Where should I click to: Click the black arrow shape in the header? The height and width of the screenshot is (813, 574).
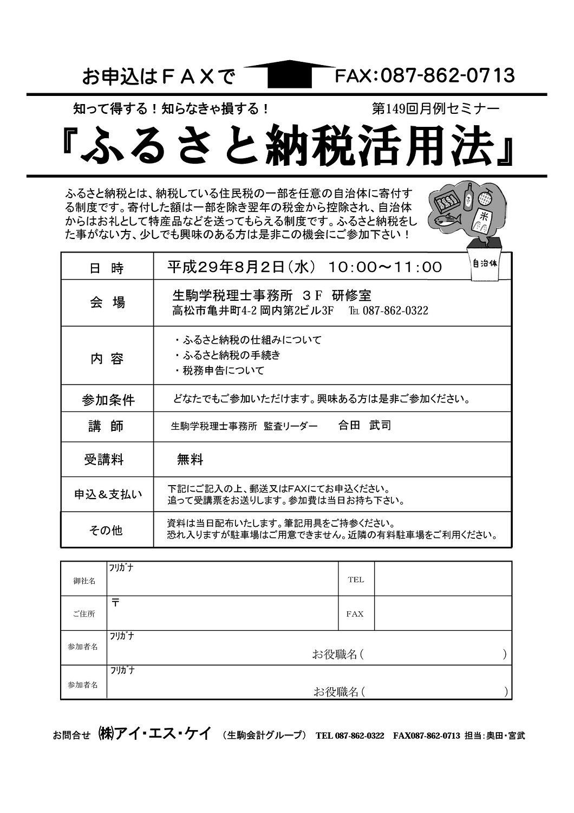(290, 73)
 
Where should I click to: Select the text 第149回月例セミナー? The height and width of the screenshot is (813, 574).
(435, 108)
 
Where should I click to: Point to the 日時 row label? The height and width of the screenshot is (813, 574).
(107, 268)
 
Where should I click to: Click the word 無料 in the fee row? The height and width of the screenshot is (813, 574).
(190, 460)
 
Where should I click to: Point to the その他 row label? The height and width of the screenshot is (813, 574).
(106, 530)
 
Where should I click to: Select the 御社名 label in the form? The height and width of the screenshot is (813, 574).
(84, 580)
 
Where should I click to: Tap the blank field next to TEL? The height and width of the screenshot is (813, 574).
(442, 579)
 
